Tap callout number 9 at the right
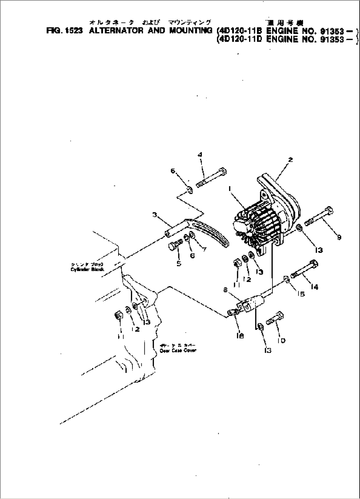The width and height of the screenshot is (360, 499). click(x=339, y=237)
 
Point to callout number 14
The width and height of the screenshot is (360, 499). click(x=314, y=287)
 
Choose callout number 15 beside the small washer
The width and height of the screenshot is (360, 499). click(x=301, y=293)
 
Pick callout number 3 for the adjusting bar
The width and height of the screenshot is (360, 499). click(x=154, y=215)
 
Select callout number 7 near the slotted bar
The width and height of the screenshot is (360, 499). click(x=204, y=249)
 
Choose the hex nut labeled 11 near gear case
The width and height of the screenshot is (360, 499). click(x=118, y=316)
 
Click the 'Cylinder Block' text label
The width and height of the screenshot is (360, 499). click(x=87, y=269)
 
